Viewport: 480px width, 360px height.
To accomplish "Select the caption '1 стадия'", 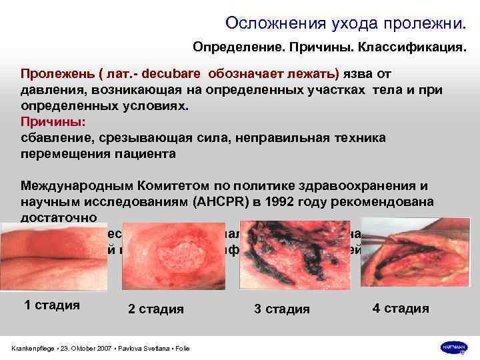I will coord(52,305).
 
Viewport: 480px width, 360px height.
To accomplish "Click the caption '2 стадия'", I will coord(156,309).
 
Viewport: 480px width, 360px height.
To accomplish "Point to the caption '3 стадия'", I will coord(282,309).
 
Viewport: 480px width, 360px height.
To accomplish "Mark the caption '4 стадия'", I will coord(401,308).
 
